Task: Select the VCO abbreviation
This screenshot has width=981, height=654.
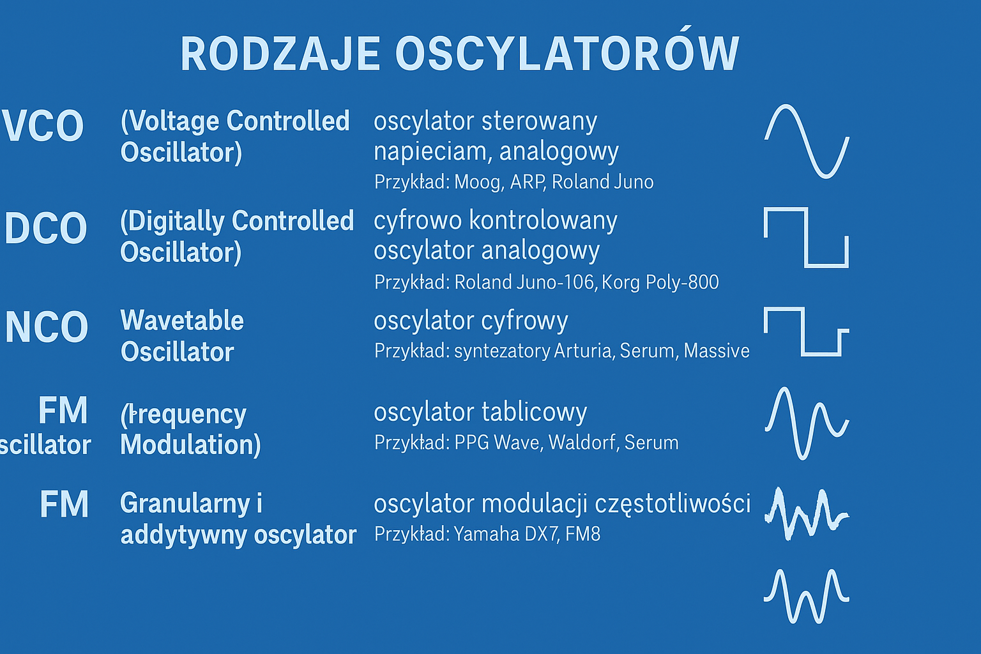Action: [x=43, y=126]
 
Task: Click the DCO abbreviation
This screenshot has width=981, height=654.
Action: [x=46, y=228]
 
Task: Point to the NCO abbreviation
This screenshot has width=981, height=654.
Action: [x=47, y=327]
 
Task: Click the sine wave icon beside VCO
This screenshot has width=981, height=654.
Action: [x=807, y=141]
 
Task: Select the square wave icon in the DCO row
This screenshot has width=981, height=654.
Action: [x=806, y=237]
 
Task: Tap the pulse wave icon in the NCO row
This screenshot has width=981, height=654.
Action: [x=806, y=331]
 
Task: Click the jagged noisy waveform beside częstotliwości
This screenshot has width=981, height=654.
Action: [x=806, y=513]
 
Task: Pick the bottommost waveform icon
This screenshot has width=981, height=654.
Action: [x=806, y=596]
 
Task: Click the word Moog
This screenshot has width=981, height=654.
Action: [x=478, y=182]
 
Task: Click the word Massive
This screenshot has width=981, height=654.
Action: [x=717, y=351]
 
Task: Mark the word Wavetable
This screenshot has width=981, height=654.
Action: [x=182, y=321]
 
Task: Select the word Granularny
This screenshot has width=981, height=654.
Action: [x=185, y=504]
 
